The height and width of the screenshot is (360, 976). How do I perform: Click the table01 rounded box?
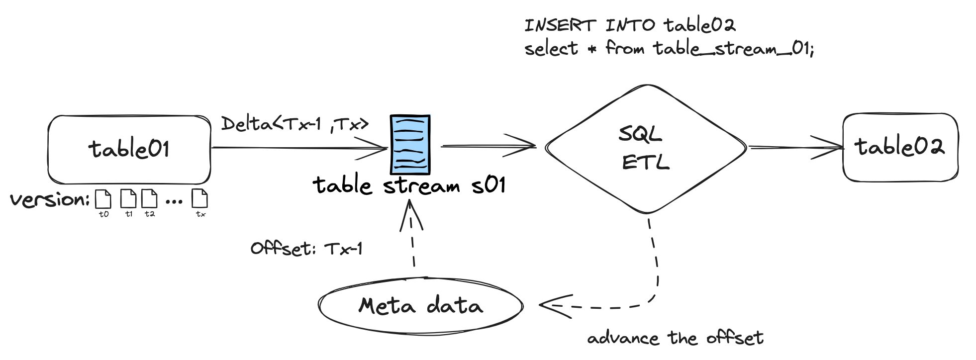(129, 149)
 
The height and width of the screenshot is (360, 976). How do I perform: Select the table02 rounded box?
(900, 147)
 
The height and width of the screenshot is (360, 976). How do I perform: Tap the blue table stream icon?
(410, 145)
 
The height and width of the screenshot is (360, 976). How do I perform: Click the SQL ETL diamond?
(646, 148)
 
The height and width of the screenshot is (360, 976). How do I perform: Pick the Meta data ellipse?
(421, 305)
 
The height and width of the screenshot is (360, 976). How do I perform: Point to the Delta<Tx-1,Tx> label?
(295, 123)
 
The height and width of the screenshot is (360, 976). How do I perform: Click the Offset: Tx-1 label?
(306, 248)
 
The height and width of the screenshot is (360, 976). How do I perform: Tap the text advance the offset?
(675, 338)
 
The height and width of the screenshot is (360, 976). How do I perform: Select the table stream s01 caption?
(409, 186)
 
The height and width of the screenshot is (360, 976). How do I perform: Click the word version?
(50, 199)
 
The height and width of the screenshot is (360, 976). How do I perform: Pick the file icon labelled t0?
(103, 199)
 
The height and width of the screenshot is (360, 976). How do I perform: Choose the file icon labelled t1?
(128, 198)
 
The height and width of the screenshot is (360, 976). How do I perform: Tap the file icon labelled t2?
(149, 198)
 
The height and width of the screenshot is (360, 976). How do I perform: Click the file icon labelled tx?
(200, 198)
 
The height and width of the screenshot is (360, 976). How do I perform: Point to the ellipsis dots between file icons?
(174, 201)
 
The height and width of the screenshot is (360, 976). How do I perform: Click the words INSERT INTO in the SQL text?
(589, 25)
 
